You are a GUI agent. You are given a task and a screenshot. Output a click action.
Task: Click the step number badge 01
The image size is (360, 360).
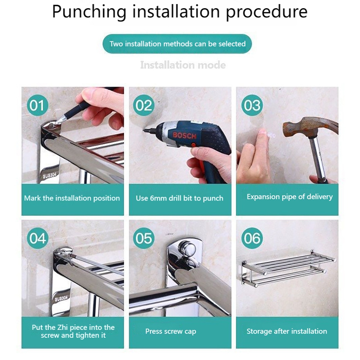[x=38, y=105]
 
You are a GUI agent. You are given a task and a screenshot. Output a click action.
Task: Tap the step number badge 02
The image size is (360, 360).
[x=144, y=105]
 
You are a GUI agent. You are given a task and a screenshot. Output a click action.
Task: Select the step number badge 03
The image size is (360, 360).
[x=252, y=105]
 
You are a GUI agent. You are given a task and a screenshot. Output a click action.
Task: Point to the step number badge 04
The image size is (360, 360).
[x=38, y=238]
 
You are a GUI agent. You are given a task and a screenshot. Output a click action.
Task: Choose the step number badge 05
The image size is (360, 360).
[x=144, y=238]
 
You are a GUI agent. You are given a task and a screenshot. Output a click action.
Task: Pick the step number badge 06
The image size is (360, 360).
[x=252, y=238]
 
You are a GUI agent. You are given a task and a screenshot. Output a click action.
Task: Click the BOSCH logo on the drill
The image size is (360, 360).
[x=185, y=135]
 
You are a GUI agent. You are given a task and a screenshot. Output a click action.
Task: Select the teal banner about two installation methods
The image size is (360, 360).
[x=177, y=44]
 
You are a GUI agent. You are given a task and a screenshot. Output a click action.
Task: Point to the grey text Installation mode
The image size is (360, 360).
[x=183, y=65]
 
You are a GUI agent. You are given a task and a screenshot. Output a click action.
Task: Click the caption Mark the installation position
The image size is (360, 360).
[x=72, y=198]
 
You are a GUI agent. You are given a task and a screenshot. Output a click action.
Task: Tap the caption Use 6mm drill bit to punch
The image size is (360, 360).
[x=180, y=198]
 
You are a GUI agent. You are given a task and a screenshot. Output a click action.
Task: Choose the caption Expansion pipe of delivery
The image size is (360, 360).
[x=290, y=197]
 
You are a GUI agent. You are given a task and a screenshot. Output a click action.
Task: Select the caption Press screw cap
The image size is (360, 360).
[x=171, y=332]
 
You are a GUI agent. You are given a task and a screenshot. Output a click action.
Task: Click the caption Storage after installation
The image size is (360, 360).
[x=287, y=331]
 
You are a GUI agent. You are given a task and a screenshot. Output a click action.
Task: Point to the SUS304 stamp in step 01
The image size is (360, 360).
[x=50, y=175]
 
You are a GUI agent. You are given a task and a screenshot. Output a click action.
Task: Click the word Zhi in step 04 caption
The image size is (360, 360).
[x=62, y=328]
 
